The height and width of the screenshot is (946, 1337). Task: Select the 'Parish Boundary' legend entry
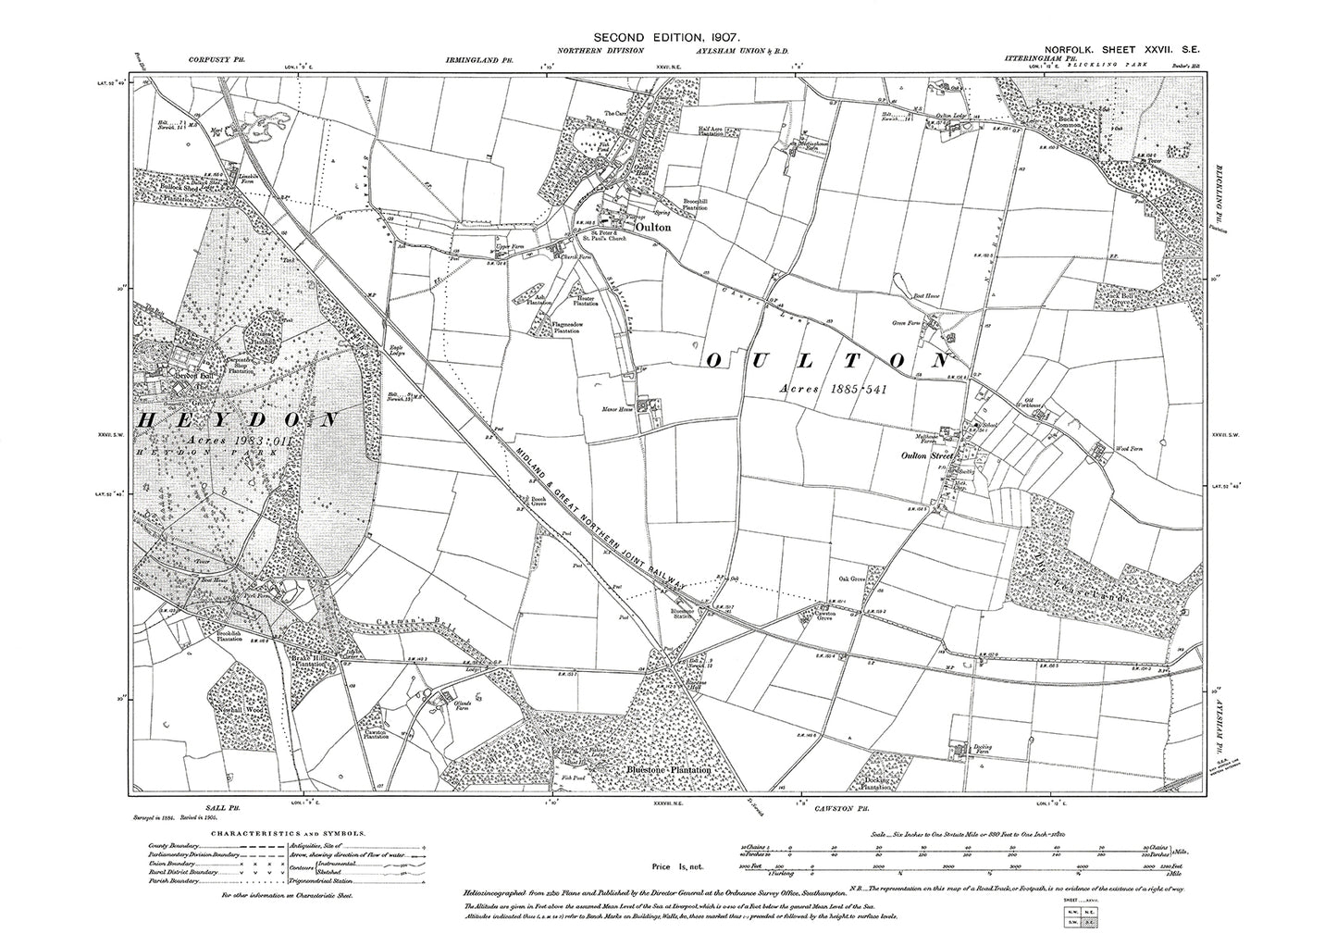[x=172, y=881]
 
